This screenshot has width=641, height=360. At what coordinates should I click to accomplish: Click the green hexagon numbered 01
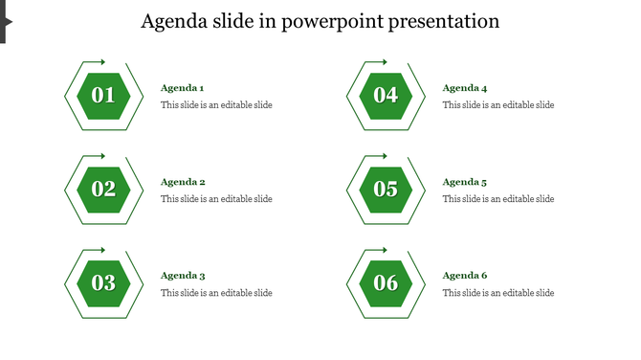pyautogui.click(x=103, y=96)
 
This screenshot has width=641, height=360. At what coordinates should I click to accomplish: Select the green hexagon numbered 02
pyautogui.click(x=103, y=190)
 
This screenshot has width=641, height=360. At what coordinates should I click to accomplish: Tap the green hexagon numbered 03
pyautogui.click(x=103, y=283)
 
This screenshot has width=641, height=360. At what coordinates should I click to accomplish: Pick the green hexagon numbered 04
pyautogui.click(x=386, y=96)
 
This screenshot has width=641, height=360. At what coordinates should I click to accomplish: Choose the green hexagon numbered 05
pyautogui.click(x=386, y=190)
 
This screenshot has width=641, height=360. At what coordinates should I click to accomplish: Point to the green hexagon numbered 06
pyautogui.click(x=386, y=283)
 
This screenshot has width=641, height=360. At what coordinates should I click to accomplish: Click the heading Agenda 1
pyautogui.click(x=182, y=88)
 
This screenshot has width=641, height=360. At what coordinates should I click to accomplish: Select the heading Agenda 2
pyautogui.click(x=183, y=182)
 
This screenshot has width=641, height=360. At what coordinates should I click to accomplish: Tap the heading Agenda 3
pyautogui.click(x=183, y=276)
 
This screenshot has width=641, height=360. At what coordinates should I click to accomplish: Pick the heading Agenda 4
pyautogui.click(x=464, y=88)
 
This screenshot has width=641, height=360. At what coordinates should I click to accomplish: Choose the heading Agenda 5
pyautogui.click(x=464, y=182)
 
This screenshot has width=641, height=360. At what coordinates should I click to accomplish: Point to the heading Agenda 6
pyautogui.click(x=464, y=276)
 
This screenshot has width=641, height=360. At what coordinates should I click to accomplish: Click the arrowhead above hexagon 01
pyautogui.click(x=102, y=62)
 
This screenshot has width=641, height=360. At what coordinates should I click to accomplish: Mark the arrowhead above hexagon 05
pyautogui.click(x=385, y=156)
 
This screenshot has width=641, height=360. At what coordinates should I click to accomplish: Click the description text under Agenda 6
pyautogui.click(x=497, y=293)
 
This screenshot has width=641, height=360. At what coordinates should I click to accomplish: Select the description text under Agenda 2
pyautogui.click(x=216, y=199)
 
